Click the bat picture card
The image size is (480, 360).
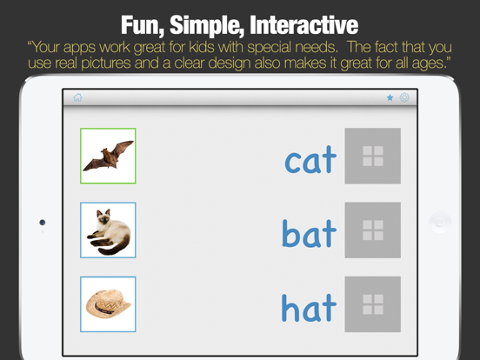108,156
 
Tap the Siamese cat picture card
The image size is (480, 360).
108,230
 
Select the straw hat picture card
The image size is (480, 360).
108,304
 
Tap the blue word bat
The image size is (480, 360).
309,232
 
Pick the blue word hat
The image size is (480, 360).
308,306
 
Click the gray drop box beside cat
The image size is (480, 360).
372,156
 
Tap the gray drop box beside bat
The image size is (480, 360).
372,230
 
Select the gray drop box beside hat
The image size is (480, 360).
372,304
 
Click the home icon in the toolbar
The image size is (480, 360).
78,98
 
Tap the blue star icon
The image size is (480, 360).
390,98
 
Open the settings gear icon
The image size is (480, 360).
404,98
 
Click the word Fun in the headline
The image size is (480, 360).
144,23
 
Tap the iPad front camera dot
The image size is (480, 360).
43,223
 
